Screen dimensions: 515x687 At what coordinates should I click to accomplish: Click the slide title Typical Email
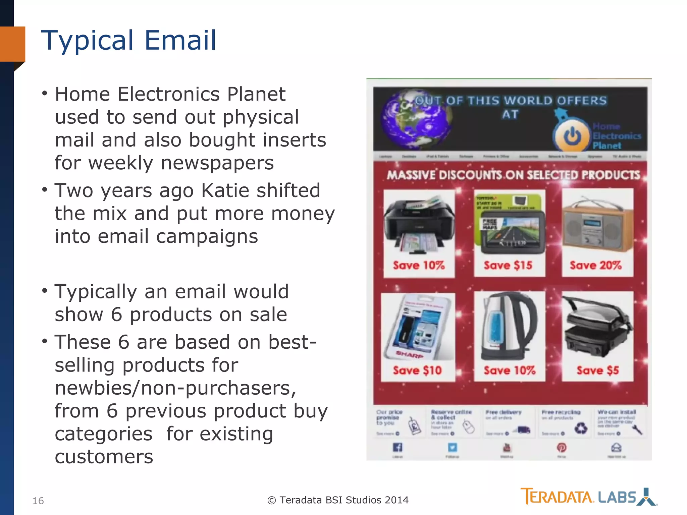(x=129, y=40)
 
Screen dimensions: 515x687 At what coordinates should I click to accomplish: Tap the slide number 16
(x=38, y=501)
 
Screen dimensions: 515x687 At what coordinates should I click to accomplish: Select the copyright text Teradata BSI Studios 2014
(x=338, y=500)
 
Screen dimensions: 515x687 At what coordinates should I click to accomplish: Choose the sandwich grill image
(x=597, y=327)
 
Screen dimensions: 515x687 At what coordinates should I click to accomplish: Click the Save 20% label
(x=596, y=266)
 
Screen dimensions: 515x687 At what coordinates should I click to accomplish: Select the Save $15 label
(x=508, y=266)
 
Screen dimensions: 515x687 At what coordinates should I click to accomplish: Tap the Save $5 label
(x=598, y=370)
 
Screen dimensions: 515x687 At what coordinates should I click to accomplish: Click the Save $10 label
(x=418, y=370)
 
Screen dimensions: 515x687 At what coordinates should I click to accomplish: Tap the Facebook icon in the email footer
(x=398, y=447)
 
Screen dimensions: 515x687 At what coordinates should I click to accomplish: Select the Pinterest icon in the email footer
(x=562, y=447)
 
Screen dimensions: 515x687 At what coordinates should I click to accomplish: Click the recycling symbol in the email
(x=581, y=428)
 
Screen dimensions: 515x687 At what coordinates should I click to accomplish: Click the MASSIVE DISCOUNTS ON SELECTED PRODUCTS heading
(x=513, y=175)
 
